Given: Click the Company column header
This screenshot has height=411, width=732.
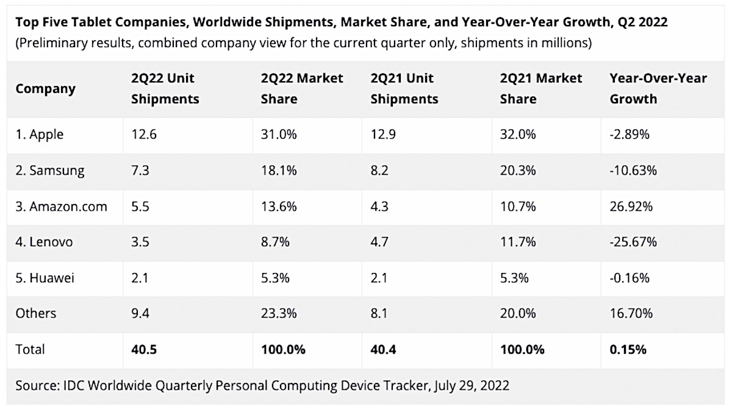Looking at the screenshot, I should point(46,89).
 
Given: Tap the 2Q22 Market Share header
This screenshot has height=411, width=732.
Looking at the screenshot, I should point(302,89).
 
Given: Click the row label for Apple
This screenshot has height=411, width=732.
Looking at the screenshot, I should point(40,134).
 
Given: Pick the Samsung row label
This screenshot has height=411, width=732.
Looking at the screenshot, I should point(51,170).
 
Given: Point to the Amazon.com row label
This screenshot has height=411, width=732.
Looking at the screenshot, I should point(62,206).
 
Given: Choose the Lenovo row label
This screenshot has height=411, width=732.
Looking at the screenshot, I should point(45,242).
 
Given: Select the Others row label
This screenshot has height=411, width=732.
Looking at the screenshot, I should point(36,313).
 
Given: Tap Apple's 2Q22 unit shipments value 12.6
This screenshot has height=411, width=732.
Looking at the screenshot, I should point(144,134).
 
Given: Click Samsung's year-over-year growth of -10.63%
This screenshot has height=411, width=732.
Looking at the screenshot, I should point(633,170).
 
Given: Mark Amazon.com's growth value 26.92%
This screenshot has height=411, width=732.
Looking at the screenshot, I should point(631,206).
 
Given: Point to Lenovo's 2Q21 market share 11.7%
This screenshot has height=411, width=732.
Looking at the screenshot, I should point(518,242).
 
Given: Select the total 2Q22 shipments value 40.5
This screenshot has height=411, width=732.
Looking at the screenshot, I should point(145,349).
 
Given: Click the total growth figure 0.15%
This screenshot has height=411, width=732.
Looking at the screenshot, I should point(628,349).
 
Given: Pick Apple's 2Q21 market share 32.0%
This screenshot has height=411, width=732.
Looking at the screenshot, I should point(518,134).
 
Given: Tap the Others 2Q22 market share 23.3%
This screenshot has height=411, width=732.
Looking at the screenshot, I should point(279,313).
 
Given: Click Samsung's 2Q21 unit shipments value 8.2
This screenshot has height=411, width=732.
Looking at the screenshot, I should point(380,170).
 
